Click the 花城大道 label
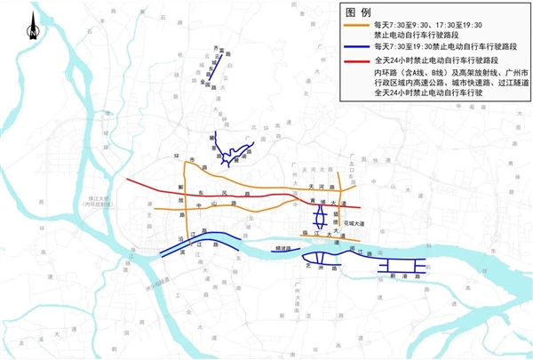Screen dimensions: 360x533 [350, 222]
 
